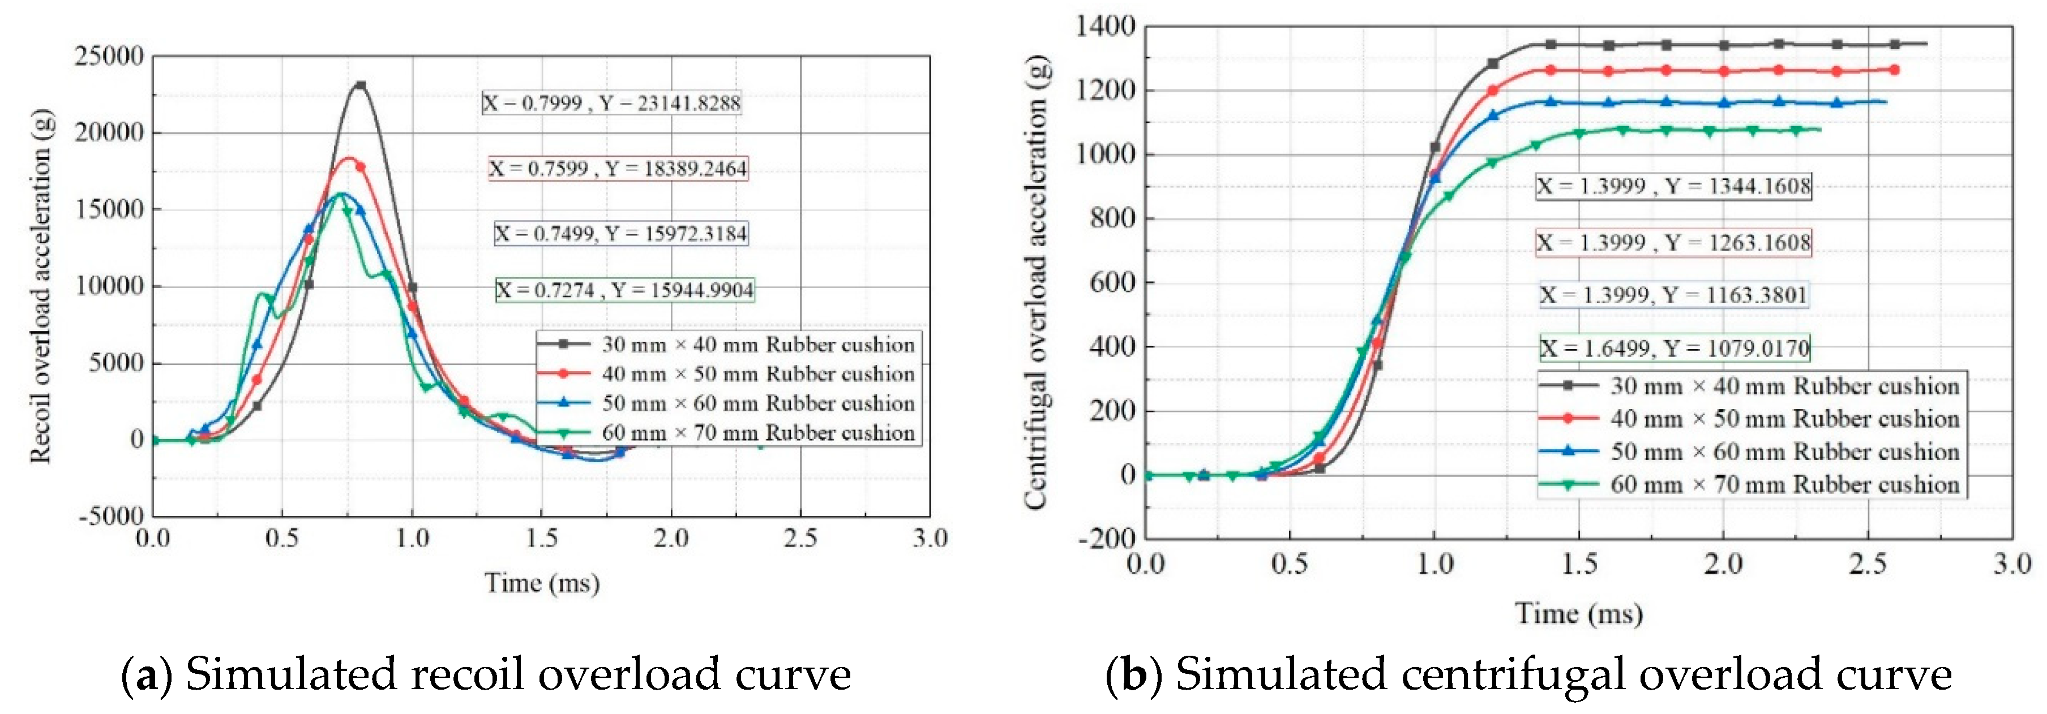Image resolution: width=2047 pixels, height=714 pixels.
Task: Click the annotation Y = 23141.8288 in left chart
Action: click(x=612, y=103)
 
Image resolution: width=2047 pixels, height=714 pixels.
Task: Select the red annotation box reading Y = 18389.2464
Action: click(x=618, y=169)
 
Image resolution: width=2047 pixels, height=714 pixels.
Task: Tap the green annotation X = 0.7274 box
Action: click(x=624, y=290)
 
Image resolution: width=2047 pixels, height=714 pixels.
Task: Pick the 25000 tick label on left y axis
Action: click(x=109, y=57)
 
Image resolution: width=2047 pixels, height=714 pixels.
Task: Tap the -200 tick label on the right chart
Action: click(x=1106, y=539)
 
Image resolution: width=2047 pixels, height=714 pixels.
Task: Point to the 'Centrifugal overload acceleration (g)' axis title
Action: click(x=1035, y=282)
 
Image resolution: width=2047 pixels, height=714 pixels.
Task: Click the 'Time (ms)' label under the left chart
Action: click(x=542, y=583)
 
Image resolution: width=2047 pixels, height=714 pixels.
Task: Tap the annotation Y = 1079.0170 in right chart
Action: click(x=1675, y=348)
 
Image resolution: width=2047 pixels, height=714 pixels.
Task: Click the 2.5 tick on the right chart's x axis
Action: click(x=1868, y=564)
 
